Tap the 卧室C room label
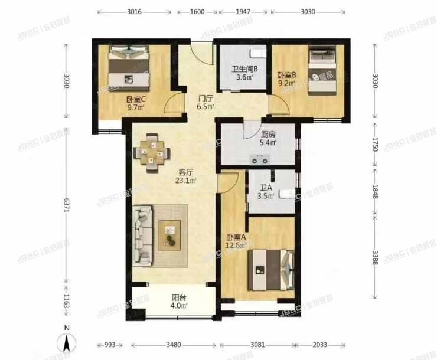coord(136,100)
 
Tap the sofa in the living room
coord(144,234)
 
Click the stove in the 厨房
coord(260,159)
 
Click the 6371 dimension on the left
coord(66,207)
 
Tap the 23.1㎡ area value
coord(187,181)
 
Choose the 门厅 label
coord(206,98)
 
